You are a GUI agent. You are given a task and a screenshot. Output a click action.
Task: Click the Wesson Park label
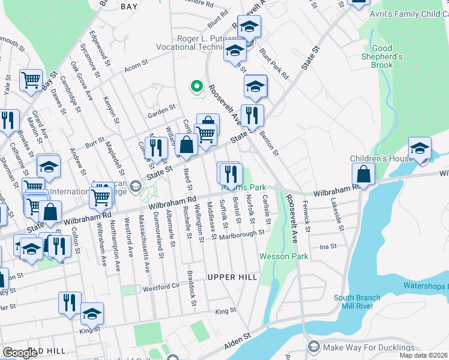click(284, 256)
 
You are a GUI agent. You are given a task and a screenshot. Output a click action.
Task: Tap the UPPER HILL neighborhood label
click(232, 277)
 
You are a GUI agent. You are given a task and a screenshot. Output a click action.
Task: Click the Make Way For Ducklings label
click(369, 347)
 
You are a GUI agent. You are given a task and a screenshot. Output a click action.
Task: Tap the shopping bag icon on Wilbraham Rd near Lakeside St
click(364, 175)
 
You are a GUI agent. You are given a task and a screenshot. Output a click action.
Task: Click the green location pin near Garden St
click(195, 86)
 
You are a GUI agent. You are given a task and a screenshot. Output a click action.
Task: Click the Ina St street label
click(328, 246)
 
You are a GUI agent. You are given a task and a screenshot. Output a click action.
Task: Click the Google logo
click(20, 353)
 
